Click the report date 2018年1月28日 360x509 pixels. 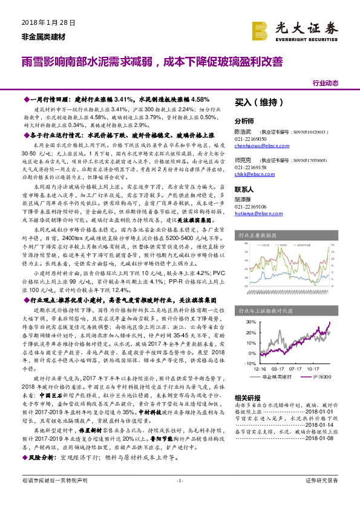coord(44,22)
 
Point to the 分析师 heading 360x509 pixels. coord(244,120)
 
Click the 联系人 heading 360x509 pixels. coord(244,189)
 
